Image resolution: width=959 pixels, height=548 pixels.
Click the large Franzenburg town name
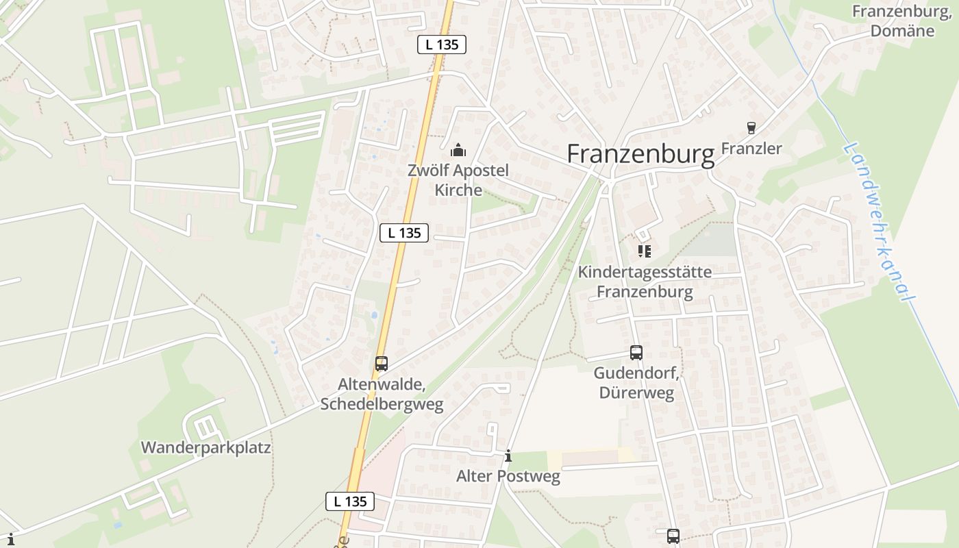[640, 154]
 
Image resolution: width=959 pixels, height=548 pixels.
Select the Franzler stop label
[751, 149]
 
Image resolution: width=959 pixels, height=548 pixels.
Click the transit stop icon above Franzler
[751, 128]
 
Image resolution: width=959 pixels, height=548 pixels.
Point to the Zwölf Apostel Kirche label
[458, 180]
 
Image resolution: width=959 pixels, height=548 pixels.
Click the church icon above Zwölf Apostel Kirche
[458, 150]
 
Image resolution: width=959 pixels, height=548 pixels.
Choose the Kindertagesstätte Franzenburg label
[645, 282]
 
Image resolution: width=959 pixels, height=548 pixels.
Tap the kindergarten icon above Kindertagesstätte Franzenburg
[644, 251]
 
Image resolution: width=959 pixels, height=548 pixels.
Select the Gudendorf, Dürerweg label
[636, 383]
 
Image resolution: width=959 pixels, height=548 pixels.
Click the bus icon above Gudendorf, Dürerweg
[636, 353]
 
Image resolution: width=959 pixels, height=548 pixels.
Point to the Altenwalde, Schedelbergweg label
[382, 394]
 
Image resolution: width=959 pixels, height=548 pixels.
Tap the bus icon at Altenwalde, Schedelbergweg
[382, 364]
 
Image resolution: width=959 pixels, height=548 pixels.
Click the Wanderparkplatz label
[206, 448]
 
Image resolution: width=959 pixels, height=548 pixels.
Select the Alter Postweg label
[508, 476]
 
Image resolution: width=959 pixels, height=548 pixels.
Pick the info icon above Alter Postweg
[508, 456]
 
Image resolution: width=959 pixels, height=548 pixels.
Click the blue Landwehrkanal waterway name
[880, 223]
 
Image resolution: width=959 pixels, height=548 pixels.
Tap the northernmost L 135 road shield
[442, 45]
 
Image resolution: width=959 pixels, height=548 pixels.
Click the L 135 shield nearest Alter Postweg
[350, 501]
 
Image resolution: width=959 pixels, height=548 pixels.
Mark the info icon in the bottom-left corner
[10, 539]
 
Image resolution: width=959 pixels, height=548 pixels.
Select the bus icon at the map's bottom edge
[673, 536]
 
